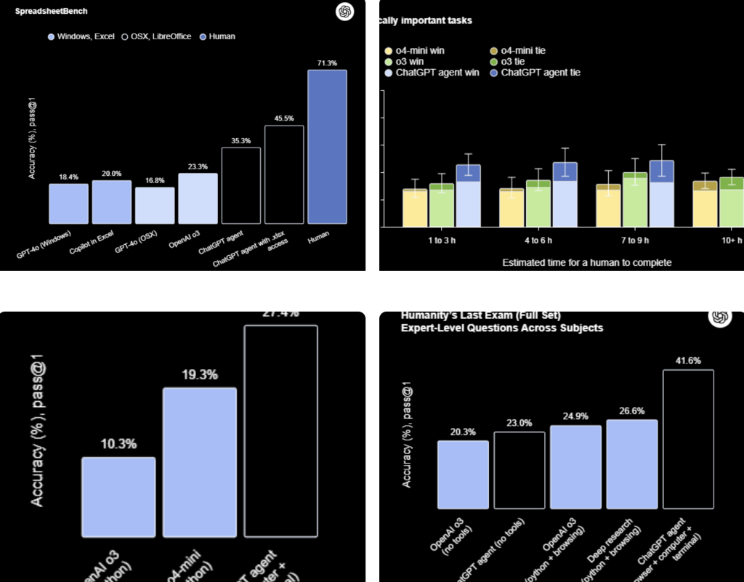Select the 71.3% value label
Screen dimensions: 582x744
pyautogui.click(x=327, y=63)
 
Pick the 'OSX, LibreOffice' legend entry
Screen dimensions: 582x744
pyautogui.click(x=157, y=36)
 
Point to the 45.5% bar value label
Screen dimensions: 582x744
pyautogui.click(x=284, y=118)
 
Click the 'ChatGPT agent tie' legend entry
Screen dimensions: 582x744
pyautogui.click(x=535, y=73)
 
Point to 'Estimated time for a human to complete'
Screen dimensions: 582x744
pyautogui.click(x=587, y=262)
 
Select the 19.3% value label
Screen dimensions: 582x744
pyautogui.click(x=199, y=376)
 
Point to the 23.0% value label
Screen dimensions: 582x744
pyautogui.click(x=519, y=423)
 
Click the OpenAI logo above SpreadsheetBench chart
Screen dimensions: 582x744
pyautogui.click(x=344, y=12)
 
